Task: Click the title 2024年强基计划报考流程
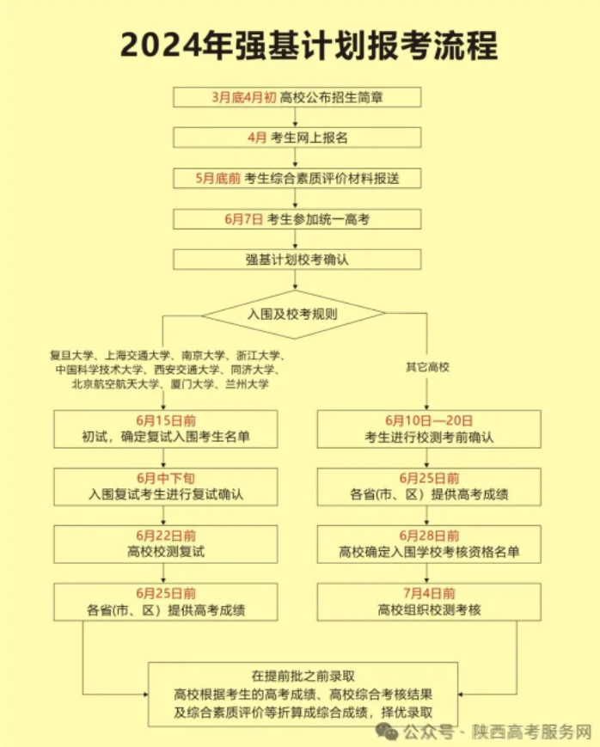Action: (309, 46)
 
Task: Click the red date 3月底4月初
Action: (244, 97)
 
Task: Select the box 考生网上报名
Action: (297, 138)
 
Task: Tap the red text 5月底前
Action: (217, 179)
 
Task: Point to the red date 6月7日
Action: (243, 219)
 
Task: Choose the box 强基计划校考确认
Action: (297, 260)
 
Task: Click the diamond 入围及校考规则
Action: (293, 314)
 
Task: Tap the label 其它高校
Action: (427, 367)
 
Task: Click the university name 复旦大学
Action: (71, 355)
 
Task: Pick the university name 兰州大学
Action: (248, 384)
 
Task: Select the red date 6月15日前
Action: (166, 420)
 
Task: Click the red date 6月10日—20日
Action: (429, 420)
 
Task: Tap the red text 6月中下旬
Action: (166, 478)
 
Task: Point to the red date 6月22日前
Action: (166, 536)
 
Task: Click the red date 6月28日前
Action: (429, 536)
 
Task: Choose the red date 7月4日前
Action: (429, 594)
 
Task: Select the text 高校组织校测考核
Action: (429, 609)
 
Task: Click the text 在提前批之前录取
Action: (303, 676)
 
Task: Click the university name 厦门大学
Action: (193, 384)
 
